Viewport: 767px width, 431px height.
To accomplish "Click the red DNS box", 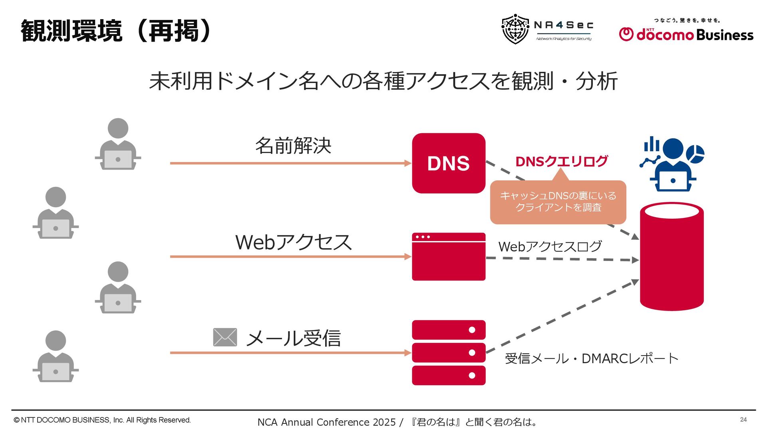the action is point(449,163).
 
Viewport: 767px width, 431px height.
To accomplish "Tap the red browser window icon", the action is point(449,257).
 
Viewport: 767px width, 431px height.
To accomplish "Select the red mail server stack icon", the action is point(449,353).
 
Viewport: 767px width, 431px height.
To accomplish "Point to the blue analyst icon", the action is point(673,165).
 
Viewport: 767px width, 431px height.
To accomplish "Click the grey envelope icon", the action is point(225,337).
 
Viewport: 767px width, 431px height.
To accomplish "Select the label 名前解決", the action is point(293,146).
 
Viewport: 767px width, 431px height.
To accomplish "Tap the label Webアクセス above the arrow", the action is point(293,242).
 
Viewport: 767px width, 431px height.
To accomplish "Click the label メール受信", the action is point(293,338).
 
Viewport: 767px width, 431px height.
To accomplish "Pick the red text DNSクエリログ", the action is point(561,161).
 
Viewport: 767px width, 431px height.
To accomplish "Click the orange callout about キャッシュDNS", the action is point(558,202).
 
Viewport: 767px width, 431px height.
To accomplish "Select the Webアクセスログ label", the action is point(550,247).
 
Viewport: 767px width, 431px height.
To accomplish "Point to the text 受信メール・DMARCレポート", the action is point(591,358).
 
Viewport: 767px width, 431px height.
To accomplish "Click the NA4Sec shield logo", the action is point(515,29).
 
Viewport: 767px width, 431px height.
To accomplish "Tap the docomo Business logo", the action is point(686,32).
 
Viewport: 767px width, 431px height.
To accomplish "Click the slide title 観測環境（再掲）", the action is point(116,31).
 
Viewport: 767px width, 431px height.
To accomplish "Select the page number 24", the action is point(743,419).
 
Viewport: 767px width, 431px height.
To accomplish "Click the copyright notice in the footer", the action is point(102,420).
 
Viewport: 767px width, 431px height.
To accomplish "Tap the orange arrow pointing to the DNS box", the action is point(290,163).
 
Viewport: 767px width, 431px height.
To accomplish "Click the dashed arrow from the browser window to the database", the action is point(561,259).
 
